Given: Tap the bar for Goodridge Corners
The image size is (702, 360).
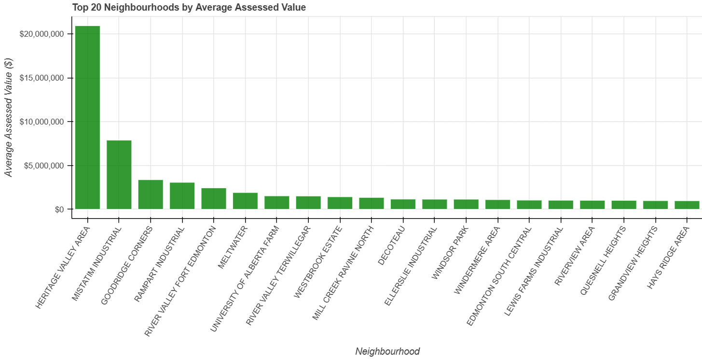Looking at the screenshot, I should (x=151, y=194).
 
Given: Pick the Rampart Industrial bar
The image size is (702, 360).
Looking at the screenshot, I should (x=182, y=196).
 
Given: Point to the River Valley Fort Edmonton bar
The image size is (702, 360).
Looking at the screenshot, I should (x=214, y=199).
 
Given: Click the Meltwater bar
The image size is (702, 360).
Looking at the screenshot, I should (x=245, y=201).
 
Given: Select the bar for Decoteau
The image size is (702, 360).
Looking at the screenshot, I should (x=403, y=204).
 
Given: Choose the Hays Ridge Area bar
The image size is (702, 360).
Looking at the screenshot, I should (x=687, y=205).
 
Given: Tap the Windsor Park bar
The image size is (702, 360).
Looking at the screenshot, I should (x=466, y=204).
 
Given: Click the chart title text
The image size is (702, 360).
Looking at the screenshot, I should (x=189, y=7).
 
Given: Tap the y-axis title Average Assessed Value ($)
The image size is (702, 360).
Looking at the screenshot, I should (x=8, y=117).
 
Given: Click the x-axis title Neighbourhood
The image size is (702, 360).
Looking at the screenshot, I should (x=387, y=351).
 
